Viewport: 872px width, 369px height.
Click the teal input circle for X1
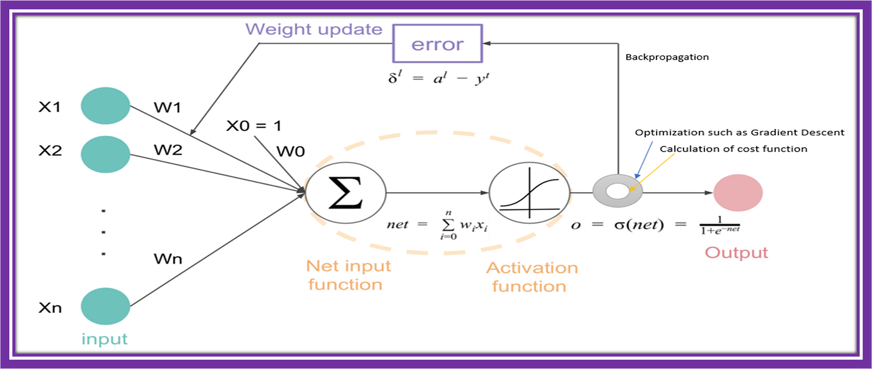[x=105, y=107]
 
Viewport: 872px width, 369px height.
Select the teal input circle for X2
[x=105, y=153]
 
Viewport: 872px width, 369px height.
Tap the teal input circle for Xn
[x=105, y=307]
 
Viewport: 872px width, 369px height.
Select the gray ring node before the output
[x=617, y=191]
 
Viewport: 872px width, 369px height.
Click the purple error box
[x=437, y=44]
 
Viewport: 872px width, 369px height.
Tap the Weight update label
[x=313, y=29]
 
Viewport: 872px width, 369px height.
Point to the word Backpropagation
[x=667, y=57]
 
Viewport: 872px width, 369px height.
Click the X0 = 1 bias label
[x=254, y=125]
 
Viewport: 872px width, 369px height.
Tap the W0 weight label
[x=290, y=151]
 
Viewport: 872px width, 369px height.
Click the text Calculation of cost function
[x=733, y=148]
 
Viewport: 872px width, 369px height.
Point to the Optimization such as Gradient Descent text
[x=739, y=132]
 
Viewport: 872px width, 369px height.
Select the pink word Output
[x=736, y=252]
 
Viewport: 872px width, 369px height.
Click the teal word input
[x=105, y=339]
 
